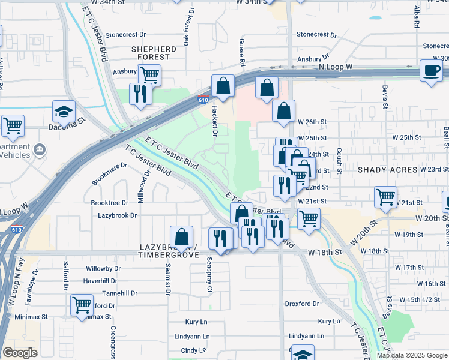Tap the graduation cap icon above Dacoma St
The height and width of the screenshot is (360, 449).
point(63,112)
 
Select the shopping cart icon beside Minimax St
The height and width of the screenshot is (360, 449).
point(82,304)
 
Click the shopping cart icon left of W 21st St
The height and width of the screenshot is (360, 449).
point(385,197)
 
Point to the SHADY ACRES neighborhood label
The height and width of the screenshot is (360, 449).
point(387,170)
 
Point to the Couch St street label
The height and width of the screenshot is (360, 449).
point(339,161)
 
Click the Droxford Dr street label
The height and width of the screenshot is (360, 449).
point(304,304)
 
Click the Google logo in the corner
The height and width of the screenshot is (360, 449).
point(20,353)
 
